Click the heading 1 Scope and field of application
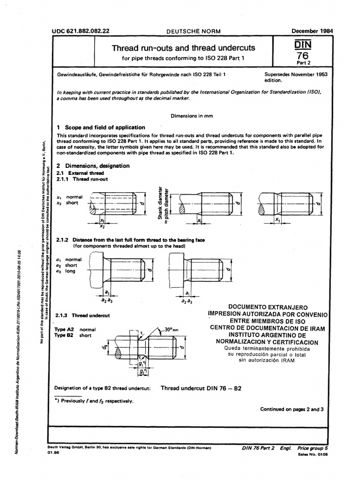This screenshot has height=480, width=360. (x=100, y=127)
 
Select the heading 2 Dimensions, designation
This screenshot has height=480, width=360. (x=93, y=166)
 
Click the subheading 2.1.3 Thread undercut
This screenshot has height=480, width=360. (x=82, y=315)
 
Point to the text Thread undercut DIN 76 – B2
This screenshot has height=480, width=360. (x=201, y=389)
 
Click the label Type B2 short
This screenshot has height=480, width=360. (x=73, y=336)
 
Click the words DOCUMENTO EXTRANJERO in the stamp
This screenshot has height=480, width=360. (x=269, y=306)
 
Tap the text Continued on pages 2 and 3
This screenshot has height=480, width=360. (x=292, y=409)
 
